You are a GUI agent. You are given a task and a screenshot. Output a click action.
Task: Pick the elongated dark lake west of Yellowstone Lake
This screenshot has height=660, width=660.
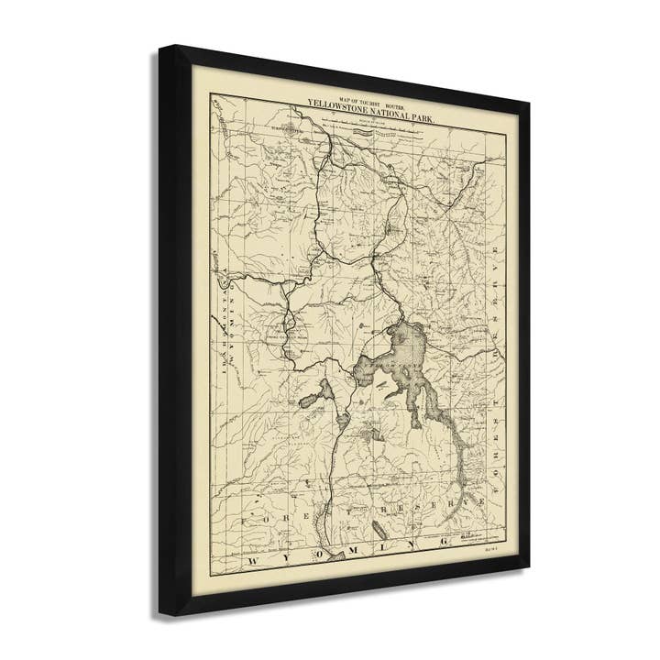(x=313, y=398)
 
